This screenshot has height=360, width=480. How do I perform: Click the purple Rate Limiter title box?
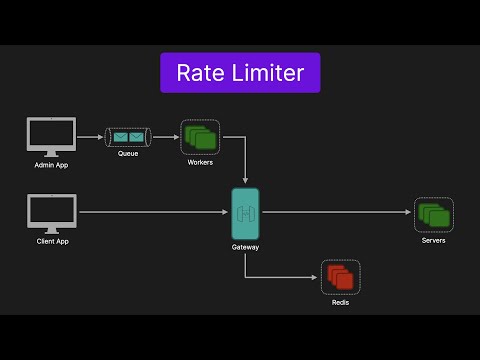[240, 73]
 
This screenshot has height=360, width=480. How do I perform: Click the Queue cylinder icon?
[127, 136]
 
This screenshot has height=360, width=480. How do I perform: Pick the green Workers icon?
[199, 136]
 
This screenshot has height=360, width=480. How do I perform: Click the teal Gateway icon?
[245, 212]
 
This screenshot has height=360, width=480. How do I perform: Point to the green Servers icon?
[434, 214]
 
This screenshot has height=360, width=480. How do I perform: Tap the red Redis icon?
[340, 276]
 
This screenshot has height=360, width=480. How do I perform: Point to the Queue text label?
[127, 154]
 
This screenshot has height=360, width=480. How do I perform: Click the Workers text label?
[200, 162]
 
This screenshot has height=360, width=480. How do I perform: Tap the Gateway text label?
[245, 246]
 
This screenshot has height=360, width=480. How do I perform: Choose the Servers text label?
[434, 241]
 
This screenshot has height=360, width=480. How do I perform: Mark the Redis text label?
[340, 302]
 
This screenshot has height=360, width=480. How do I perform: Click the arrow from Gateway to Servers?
[335, 212]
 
